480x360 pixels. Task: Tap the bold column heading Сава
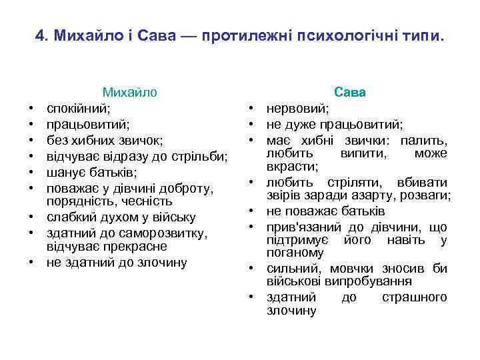tap(350, 93)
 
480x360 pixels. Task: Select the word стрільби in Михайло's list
tap(203, 157)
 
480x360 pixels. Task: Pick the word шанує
tap(65, 173)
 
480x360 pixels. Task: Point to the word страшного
tap(413, 297)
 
